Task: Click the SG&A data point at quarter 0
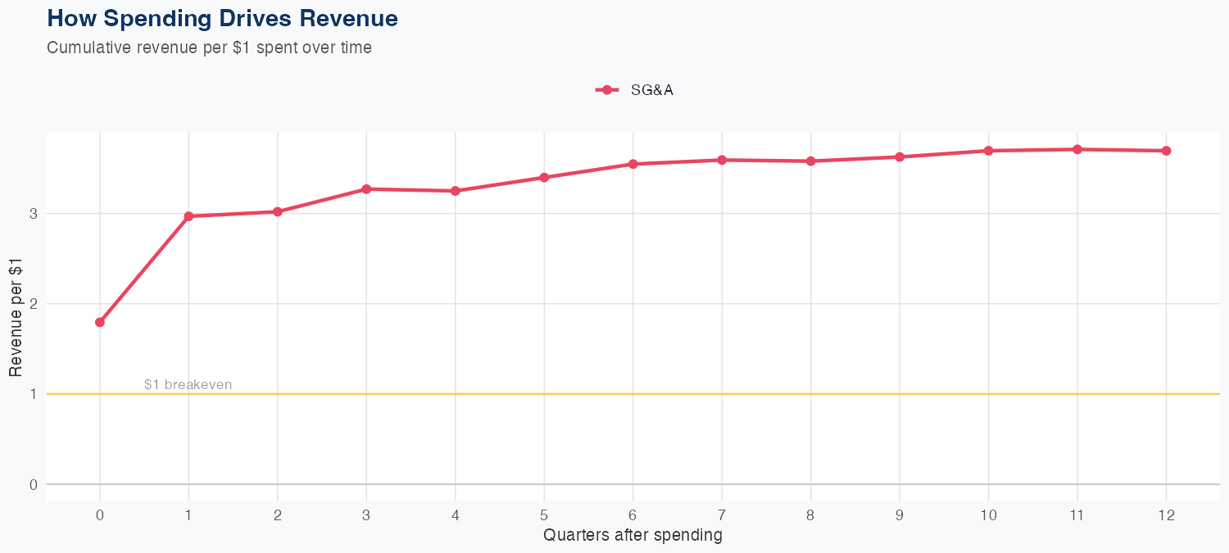tap(100, 322)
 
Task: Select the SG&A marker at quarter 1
tap(188, 216)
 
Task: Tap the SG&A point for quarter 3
tap(366, 189)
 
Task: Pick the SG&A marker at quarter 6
tap(633, 164)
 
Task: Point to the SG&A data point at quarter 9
tap(900, 156)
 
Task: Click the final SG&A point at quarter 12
tap(1166, 151)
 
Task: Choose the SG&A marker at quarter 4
tap(456, 191)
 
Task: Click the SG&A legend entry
tap(635, 90)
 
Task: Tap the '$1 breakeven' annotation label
tap(188, 384)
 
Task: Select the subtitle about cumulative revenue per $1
tap(209, 48)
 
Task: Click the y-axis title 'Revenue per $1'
tap(16, 316)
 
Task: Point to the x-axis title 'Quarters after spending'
tap(633, 535)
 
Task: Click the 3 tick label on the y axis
tap(34, 214)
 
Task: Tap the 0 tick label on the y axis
tap(34, 484)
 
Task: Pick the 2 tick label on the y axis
tap(34, 304)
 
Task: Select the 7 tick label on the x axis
tap(722, 515)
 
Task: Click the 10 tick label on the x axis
tap(988, 515)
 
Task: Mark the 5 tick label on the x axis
tap(544, 515)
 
